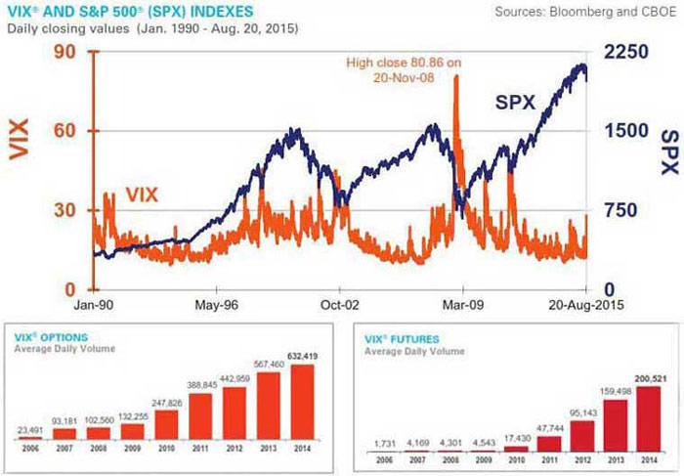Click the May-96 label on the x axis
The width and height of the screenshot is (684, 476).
pos(216,303)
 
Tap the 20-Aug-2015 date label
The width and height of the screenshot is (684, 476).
pos(587,303)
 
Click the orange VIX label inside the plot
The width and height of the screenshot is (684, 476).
pos(142,195)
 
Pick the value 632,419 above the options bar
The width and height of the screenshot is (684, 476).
pos(305,356)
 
